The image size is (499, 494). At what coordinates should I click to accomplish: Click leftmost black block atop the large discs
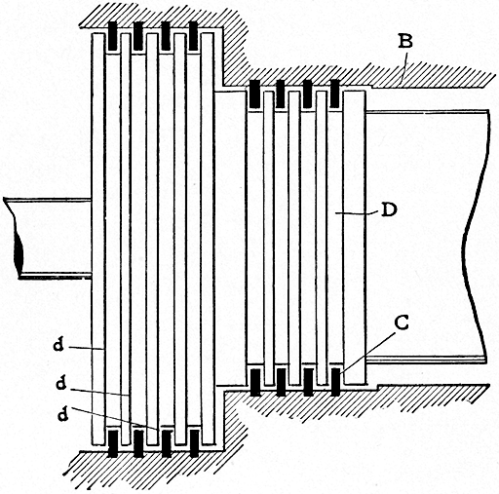click(112, 37)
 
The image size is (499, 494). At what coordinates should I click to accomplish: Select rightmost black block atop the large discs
click(195, 37)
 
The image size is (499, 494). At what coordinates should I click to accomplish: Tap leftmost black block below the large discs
click(112, 443)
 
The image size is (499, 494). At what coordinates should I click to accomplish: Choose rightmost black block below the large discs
click(195, 443)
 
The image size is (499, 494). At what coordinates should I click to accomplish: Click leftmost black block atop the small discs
click(254, 95)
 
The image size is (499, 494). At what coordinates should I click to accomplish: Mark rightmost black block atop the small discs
click(335, 95)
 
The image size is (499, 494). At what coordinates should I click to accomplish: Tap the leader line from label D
click(355, 210)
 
